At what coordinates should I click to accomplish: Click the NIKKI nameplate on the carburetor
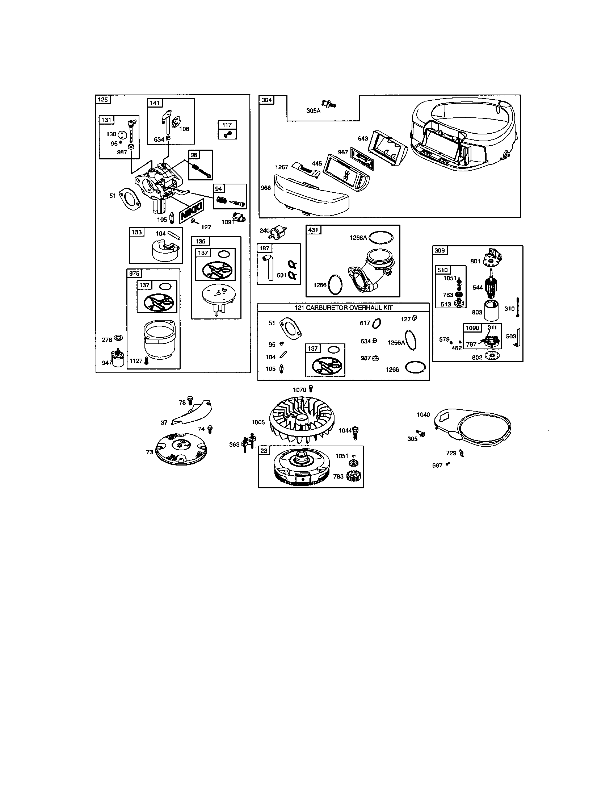tap(192, 211)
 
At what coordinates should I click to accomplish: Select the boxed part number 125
tap(102, 99)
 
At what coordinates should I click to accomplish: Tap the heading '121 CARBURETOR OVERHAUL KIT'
tap(343, 308)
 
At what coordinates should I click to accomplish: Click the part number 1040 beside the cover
tap(423, 414)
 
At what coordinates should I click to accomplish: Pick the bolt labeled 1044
tap(356, 434)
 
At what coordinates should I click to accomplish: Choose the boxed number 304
tap(266, 100)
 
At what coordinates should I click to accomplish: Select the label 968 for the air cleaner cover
tap(266, 188)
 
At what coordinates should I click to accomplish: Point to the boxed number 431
tap(313, 230)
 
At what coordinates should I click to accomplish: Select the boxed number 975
tap(134, 274)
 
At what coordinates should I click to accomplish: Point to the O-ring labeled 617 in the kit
tap(377, 323)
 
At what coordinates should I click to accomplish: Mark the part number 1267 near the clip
tap(282, 167)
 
